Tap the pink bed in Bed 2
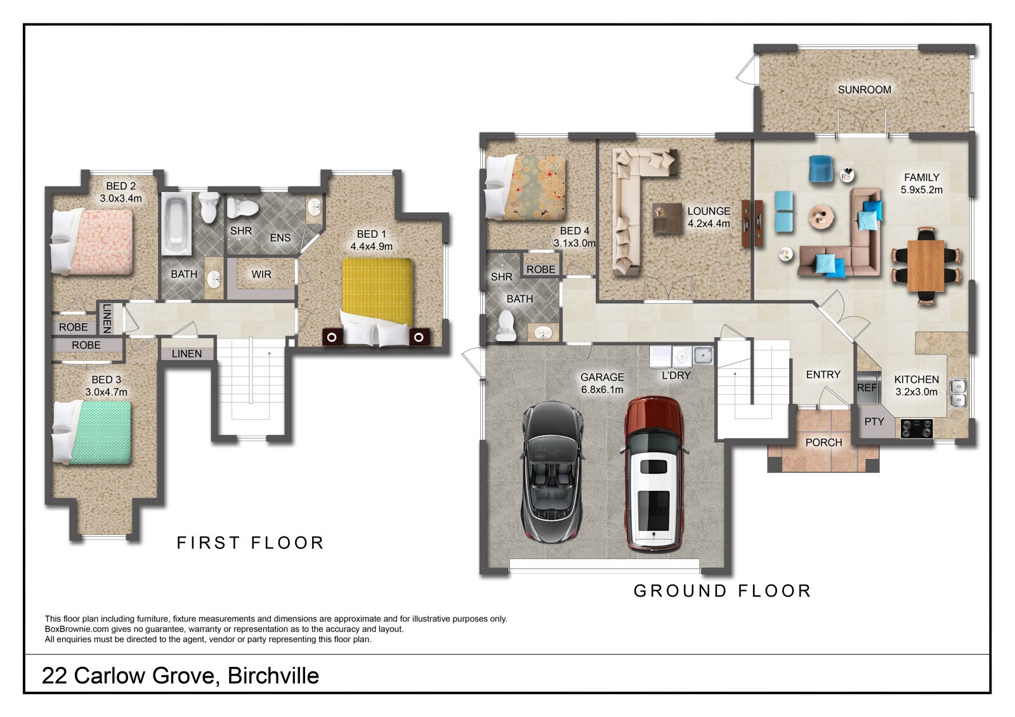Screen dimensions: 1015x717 [92, 242]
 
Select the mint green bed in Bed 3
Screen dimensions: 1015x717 [92, 432]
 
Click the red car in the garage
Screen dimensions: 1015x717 [653, 474]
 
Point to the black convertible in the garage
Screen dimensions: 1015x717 [553, 472]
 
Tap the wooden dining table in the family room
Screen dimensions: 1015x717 [926, 266]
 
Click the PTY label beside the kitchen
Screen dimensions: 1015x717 [874, 422]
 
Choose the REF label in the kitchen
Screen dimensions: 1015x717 [867, 388]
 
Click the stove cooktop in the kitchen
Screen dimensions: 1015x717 [916, 428]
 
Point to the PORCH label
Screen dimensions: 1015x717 [823, 442]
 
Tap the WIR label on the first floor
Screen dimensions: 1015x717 [261, 275]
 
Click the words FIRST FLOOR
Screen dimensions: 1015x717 [250, 543]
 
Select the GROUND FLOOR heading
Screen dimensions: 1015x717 [723, 591]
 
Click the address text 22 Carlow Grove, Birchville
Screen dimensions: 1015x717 [180, 676]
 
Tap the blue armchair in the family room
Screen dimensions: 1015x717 [821, 169]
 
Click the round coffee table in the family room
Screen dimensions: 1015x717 [822, 217]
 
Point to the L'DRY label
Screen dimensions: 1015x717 [676, 375]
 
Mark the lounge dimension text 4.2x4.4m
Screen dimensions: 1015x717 [709, 223]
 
